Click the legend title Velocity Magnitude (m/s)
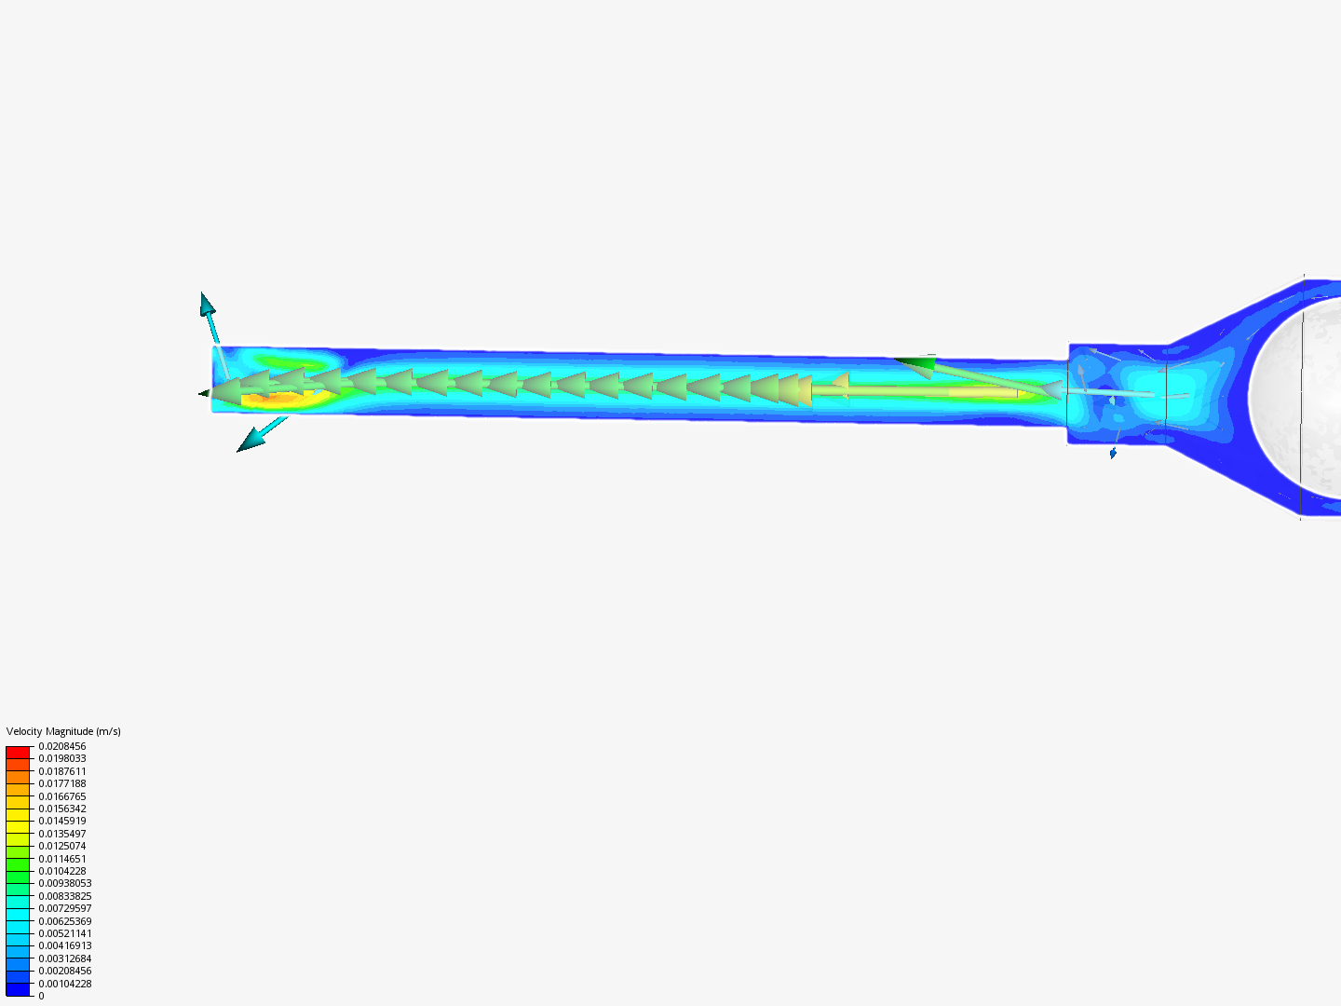click(x=63, y=731)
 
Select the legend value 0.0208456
click(x=62, y=746)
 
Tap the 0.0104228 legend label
click(x=62, y=871)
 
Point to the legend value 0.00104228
click(x=65, y=984)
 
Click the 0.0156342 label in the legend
click(x=62, y=809)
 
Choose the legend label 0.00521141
click(x=65, y=933)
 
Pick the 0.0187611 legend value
click(x=62, y=771)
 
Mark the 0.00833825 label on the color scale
click(x=65, y=896)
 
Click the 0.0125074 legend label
click(x=62, y=846)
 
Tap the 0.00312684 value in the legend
click(x=65, y=958)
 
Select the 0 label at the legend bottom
click(x=41, y=996)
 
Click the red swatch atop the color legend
click(x=18, y=752)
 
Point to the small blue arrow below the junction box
click(x=1113, y=454)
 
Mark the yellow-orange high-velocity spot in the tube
click(x=274, y=398)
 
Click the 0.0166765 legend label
click(x=62, y=796)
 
